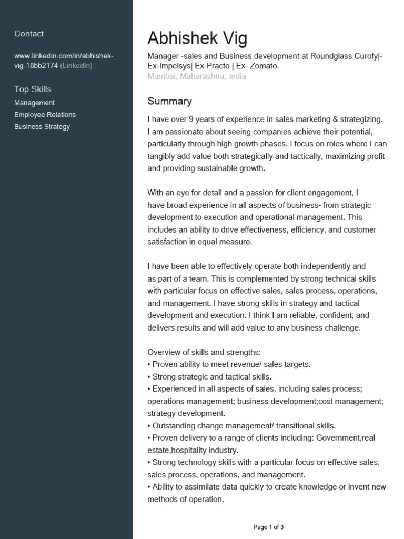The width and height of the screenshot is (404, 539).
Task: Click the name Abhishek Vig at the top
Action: pos(197,38)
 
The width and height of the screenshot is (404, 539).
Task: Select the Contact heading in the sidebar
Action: pos(29,34)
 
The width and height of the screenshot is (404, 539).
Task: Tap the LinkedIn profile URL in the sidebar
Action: pos(63,61)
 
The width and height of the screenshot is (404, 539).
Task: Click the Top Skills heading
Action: pos(33,89)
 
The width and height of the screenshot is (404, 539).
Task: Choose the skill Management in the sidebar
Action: pos(34,103)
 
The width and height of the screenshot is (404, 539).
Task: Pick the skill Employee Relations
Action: pos(45,115)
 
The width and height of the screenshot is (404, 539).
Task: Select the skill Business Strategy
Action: pos(42,127)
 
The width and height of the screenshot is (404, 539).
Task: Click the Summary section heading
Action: pos(169,101)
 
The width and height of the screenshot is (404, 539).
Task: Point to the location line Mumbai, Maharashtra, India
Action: pos(196,76)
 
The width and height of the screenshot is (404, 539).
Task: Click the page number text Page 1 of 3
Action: pos(268,527)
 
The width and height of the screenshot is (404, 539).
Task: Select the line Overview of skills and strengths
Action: pos(204,352)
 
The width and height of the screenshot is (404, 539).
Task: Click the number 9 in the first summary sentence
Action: pos(186,119)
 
